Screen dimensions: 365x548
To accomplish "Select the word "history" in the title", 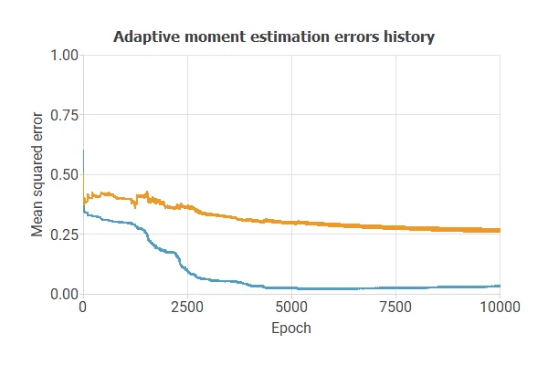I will pos(408,37).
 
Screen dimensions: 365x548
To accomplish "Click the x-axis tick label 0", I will pos(83,308).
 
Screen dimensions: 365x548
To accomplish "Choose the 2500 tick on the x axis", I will pos(187,308).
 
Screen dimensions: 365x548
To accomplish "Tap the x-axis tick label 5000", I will pos(291,308).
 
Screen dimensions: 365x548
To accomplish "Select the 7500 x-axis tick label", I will pos(395,308).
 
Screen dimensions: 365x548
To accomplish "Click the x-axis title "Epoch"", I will pos(291,328).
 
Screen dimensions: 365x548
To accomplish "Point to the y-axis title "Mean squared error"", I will pos(37,174).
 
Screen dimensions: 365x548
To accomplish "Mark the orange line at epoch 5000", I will pos(291,223).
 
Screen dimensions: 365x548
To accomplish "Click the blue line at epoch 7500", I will pos(395,287).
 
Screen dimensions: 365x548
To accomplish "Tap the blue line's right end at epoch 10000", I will pos(500,286).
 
